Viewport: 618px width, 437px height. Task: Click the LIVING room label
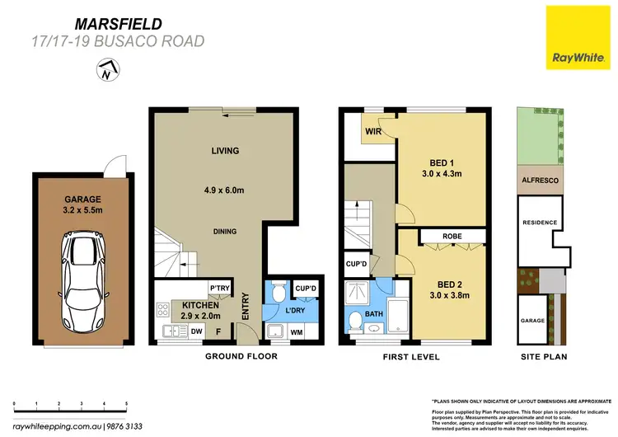click(224, 151)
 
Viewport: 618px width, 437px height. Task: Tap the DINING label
click(224, 232)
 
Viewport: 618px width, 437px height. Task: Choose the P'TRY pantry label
click(218, 289)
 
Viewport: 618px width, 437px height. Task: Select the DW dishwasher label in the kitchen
click(195, 333)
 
